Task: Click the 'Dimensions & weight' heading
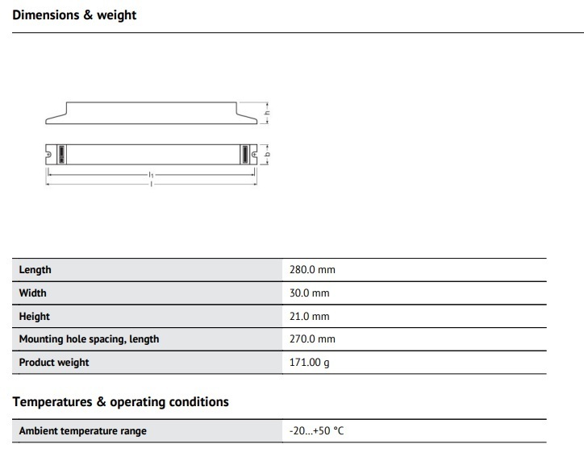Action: tap(74, 15)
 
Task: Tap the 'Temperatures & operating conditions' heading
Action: tap(120, 401)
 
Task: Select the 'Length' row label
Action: tap(35, 270)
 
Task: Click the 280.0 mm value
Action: tap(311, 270)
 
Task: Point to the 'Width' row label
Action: tap(32, 293)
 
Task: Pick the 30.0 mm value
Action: tap(309, 293)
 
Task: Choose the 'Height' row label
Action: tap(34, 317)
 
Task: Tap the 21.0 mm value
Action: tap(309, 317)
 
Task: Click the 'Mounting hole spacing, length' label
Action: tap(89, 339)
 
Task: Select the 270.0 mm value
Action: tap(311, 339)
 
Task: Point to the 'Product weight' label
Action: tap(54, 363)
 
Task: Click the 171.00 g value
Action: tap(309, 363)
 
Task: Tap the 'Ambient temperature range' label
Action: tap(82, 431)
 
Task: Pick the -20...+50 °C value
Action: tap(316, 431)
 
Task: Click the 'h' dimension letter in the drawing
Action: tap(268, 113)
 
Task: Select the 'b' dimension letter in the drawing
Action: tap(268, 153)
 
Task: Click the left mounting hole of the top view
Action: tap(49, 153)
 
